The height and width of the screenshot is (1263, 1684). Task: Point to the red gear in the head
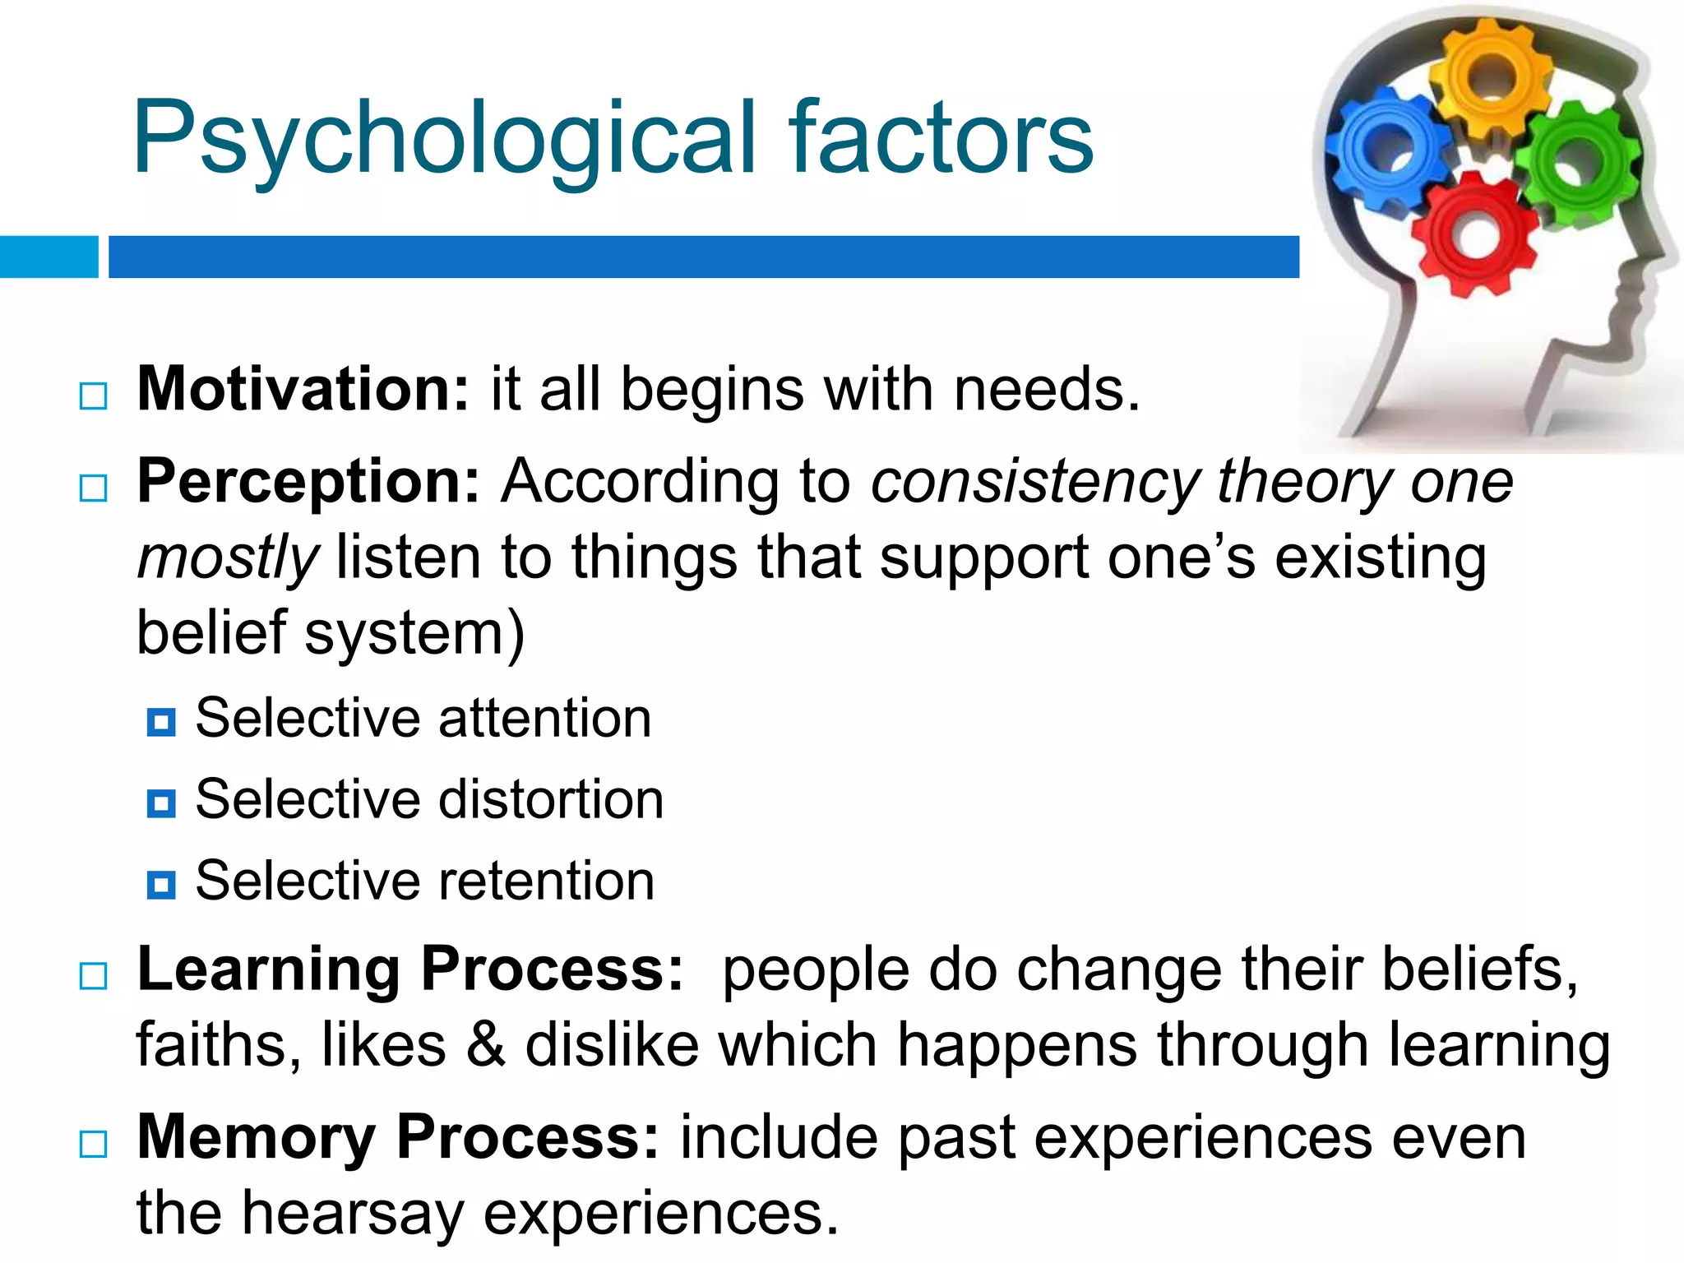[x=1476, y=234]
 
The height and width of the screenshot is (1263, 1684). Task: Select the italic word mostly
[x=228, y=557]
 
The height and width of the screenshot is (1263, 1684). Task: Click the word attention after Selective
[x=545, y=719]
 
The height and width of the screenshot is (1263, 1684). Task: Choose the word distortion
[x=551, y=800]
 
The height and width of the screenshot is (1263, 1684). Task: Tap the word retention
[x=547, y=881]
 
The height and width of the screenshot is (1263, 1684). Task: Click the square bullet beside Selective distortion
[x=161, y=803]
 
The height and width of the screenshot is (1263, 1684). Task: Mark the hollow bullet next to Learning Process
[x=94, y=976]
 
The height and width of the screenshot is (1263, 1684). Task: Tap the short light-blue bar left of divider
[x=49, y=257]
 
